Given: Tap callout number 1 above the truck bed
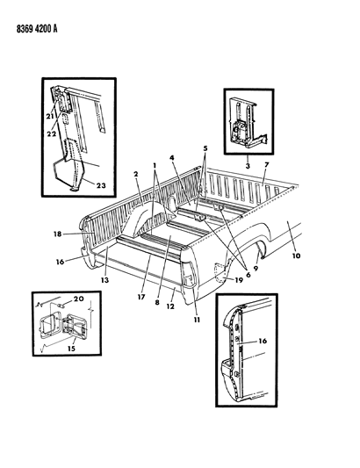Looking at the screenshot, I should (x=155, y=166).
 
